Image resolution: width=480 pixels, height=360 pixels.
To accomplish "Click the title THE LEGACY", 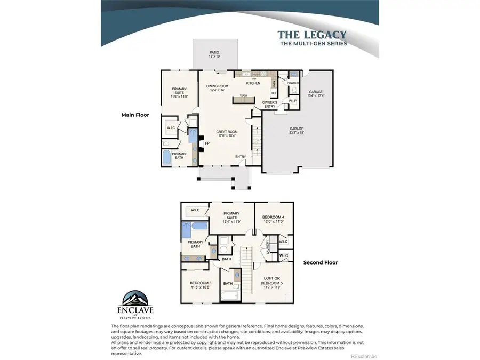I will tap(312, 35).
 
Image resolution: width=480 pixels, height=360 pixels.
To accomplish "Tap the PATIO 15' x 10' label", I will tap(214, 54).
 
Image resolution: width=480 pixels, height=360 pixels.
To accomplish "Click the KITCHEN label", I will tap(253, 84).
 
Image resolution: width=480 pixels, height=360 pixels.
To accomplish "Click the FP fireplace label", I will tap(207, 143).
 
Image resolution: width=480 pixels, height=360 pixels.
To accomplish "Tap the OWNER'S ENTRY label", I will tap(269, 104).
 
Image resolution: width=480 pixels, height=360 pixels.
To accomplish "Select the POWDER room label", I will tap(292, 83).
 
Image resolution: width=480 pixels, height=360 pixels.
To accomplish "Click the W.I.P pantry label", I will tap(292, 101).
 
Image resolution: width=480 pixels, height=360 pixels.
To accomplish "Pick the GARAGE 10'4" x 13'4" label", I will tap(316, 94).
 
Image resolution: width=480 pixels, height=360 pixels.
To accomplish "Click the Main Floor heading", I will tap(135, 114).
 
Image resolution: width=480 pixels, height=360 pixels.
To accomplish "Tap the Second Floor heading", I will tap(321, 262).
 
